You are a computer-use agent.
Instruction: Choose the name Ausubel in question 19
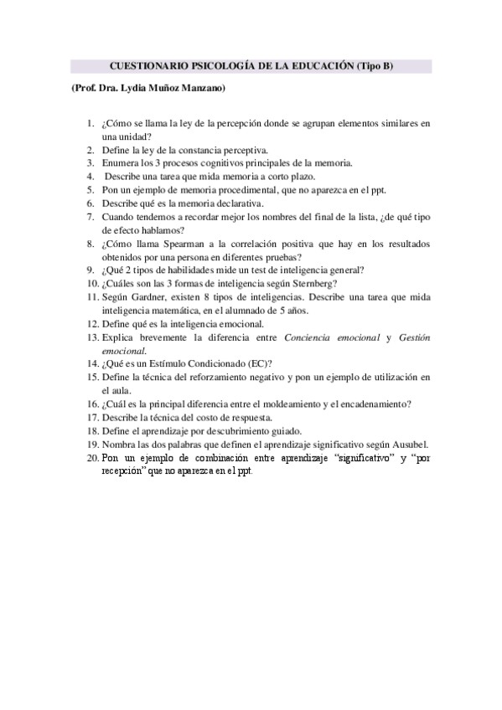click(409, 444)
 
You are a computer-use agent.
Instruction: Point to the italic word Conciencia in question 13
click(312, 337)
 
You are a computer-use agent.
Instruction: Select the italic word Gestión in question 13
click(413, 337)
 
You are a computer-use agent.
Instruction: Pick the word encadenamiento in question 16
click(371, 404)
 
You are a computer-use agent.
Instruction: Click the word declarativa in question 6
click(238, 203)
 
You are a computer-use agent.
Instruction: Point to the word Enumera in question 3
click(120, 163)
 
